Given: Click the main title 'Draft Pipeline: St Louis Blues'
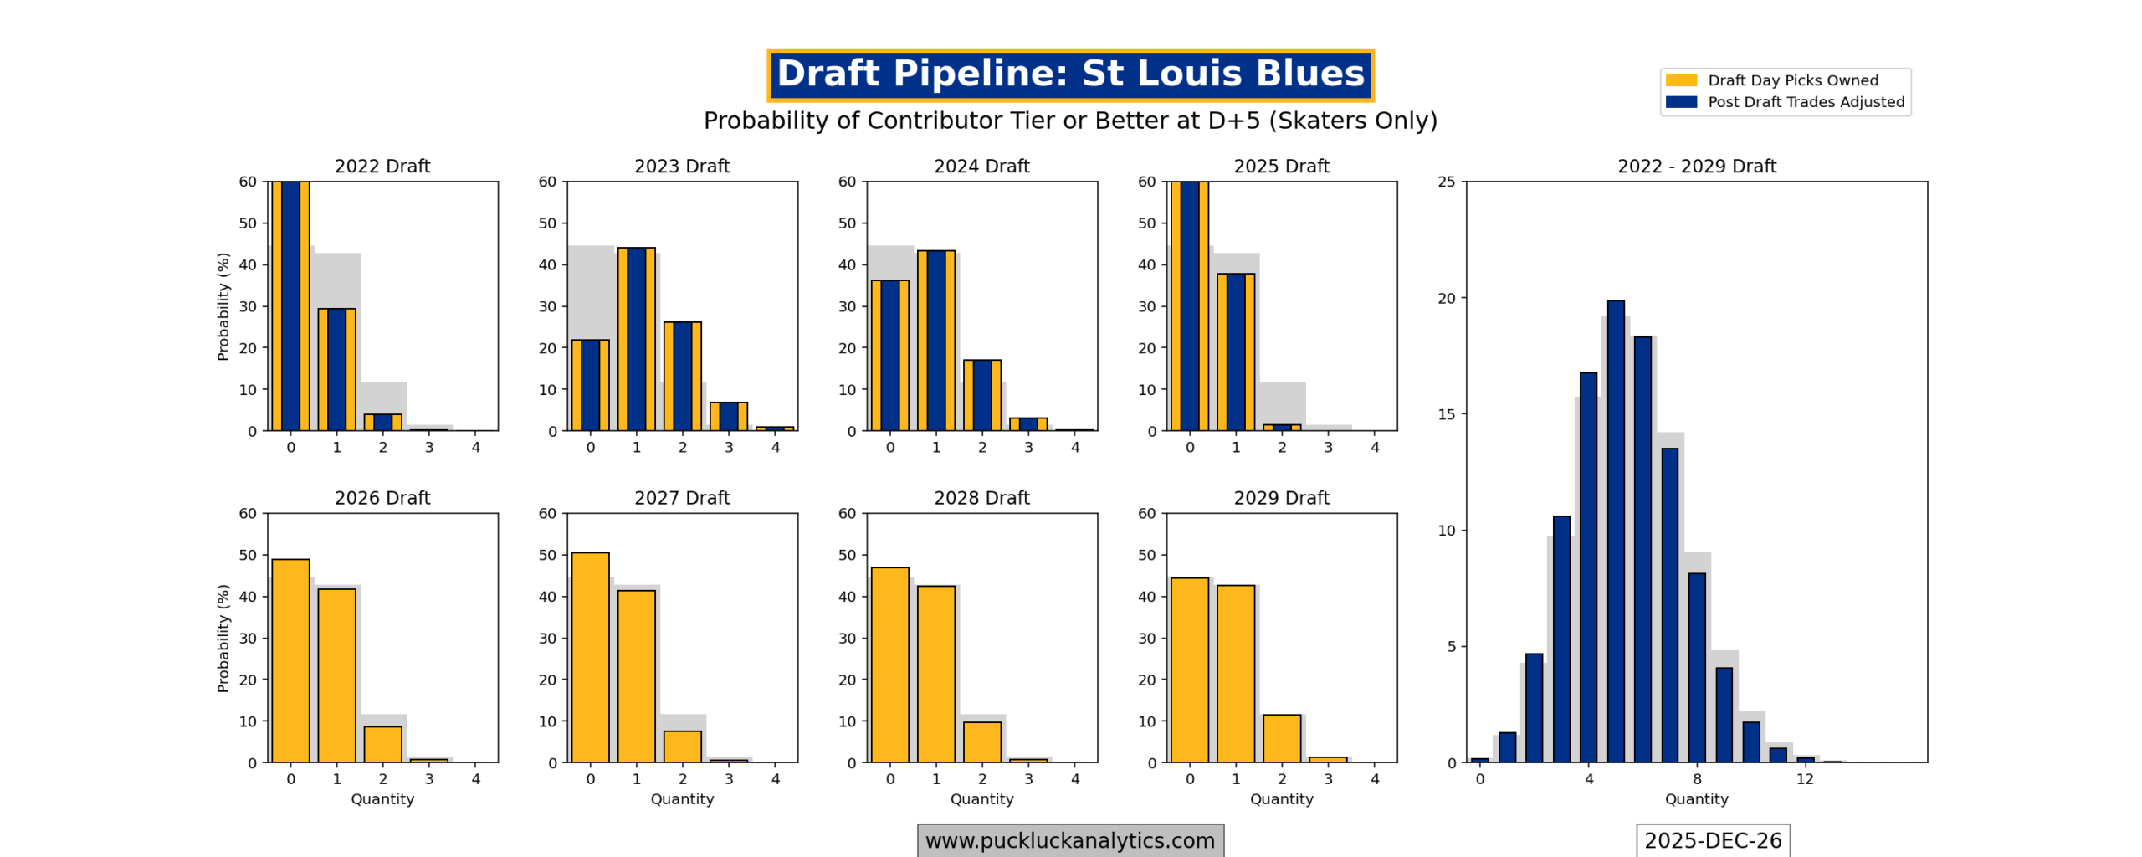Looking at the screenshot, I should click(1069, 74).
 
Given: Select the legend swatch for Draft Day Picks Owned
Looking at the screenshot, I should click(1680, 80).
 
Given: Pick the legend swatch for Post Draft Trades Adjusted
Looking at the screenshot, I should click(1680, 102).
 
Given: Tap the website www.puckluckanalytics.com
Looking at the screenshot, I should click(1069, 840).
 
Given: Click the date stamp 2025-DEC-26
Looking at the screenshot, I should click(1712, 840).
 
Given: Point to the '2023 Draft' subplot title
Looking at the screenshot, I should click(682, 166).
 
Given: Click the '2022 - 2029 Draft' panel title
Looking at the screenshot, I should click(1696, 166).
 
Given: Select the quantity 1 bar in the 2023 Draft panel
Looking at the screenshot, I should click(636, 339).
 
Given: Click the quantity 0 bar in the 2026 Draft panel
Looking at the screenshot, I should click(290, 661).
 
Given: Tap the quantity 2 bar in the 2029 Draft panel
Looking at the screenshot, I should click(1281, 738).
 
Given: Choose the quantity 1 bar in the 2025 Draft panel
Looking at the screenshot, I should click(1235, 352).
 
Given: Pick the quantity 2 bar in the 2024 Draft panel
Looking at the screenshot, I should click(981, 395).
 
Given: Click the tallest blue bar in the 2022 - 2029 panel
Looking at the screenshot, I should click(1615, 531).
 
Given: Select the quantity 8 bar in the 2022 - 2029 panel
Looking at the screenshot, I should click(1696, 668).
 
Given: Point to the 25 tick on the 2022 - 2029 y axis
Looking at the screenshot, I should click(1446, 182).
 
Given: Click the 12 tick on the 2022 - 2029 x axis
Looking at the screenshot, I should click(1805, 779).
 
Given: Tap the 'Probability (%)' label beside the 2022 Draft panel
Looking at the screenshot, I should click(223, 306).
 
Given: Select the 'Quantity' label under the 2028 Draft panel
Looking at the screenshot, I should click(981, 799).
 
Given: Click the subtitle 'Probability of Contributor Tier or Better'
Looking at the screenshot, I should click(1069, 121).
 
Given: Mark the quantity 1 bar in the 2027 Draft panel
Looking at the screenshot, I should click(636, 676).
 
